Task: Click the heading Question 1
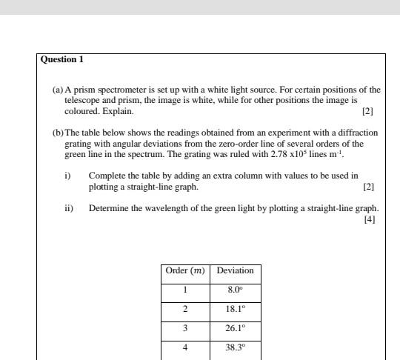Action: pos(61,59)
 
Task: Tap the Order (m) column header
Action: pos(185,270)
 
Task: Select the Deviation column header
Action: pos(235,270)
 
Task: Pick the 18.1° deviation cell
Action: pos(235,308)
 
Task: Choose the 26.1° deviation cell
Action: pos(235,327)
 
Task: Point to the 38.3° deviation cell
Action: pos(235,346)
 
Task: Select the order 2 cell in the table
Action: pos(185,308)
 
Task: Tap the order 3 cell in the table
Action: pos(185,327)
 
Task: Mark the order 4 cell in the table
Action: pos(185,346)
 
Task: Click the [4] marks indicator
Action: pos(370,219)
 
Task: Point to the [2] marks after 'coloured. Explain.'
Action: pos(367,112)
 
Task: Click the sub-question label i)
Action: pos(67,176)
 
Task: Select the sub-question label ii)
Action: pos(69,208)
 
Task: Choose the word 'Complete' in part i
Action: pos(106,176)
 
